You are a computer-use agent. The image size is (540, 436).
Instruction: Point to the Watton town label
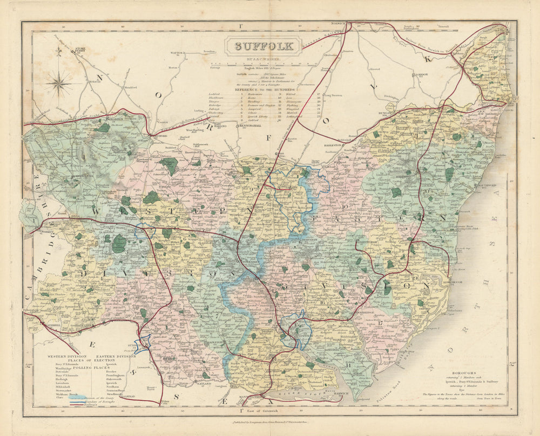(178, 53)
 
